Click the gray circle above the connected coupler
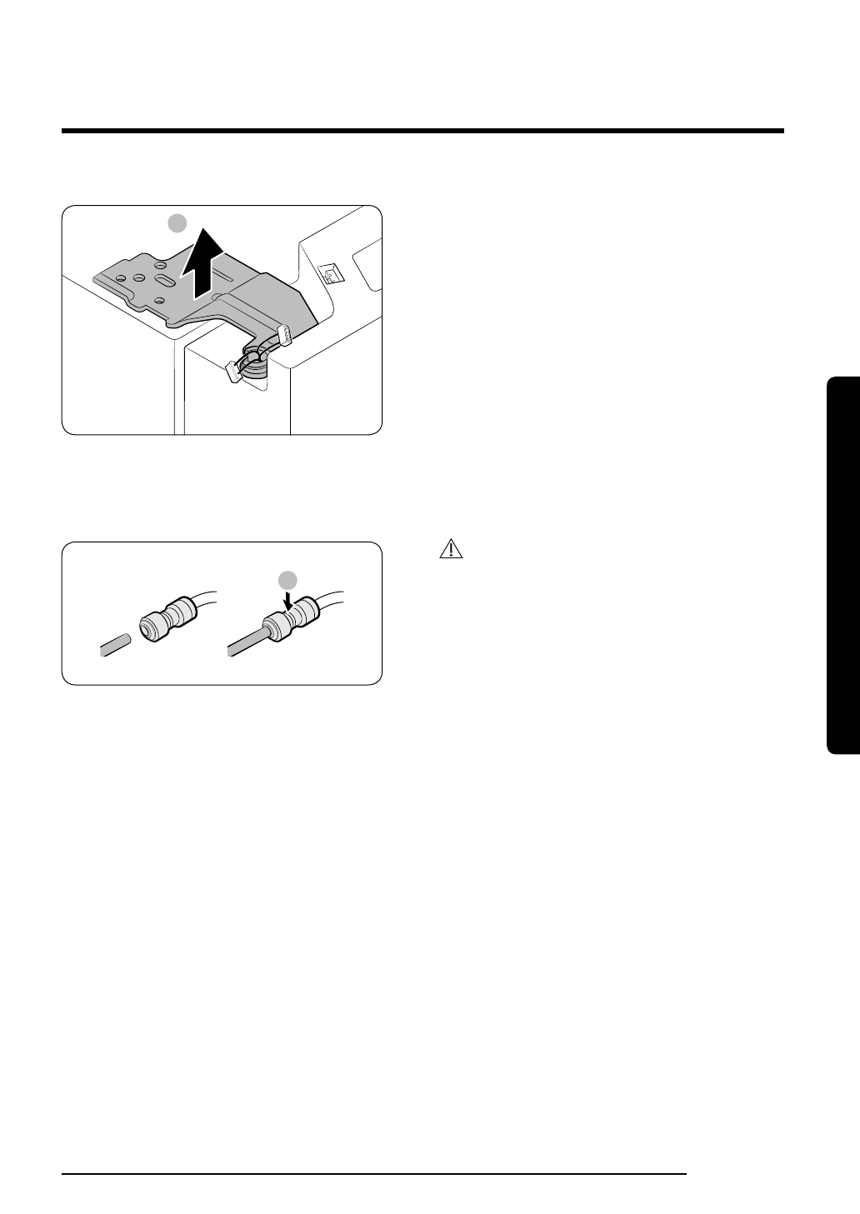click(x=287, y=579)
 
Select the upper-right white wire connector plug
click(x=286, y=335)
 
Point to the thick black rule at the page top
click(x=422, y=131)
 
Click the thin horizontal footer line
click(x=374, y=1175)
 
